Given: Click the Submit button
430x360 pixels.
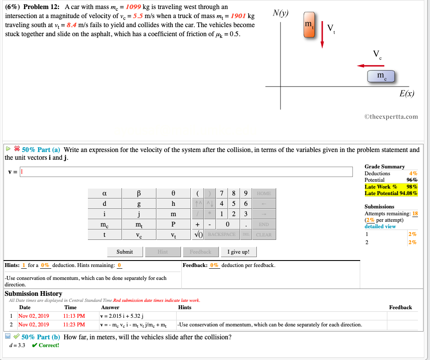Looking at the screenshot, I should pyautogui.click(x=125, y=252).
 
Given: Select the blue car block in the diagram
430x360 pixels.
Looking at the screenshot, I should pyautogui.click(x=381, y=77).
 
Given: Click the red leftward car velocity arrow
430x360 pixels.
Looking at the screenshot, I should pyautogui.click(x=370, y=66).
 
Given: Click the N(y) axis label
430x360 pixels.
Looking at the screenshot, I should pyautogui.click(x=281, y=13).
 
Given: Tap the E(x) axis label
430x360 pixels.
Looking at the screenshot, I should pyautogui.click(x=406, y=93).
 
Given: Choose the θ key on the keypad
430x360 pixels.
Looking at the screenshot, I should pyautogui.click(x=173, y=193).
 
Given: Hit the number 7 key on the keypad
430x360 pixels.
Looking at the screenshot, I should pyautogui.click(x=221, y=193).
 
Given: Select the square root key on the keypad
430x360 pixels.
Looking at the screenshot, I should pyautogui.click(x=199, y=235).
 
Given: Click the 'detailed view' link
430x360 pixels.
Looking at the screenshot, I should pyautogui.click(x=380, y=227).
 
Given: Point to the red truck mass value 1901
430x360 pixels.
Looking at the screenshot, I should pyautogui.click(x=238, y=16).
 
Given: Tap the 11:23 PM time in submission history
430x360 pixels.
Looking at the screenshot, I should pyautogui.click(x=74, y=325).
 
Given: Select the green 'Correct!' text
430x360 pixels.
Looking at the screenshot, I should pyautogui.click(x=49, y=345).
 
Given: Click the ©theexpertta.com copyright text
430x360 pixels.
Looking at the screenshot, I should pyautogui.click(x=391, y=116).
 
